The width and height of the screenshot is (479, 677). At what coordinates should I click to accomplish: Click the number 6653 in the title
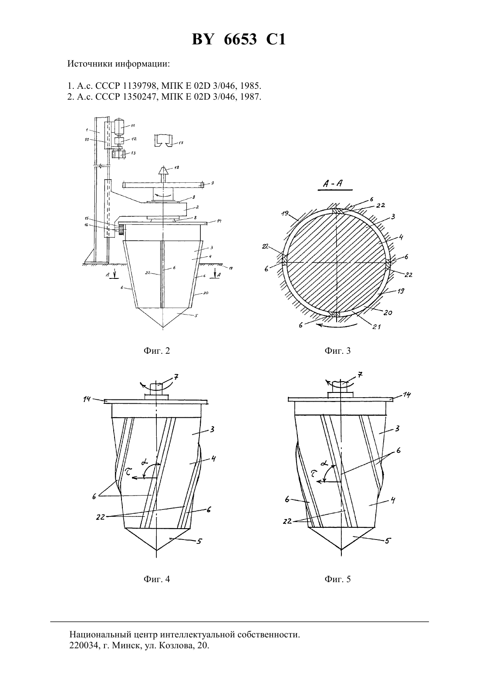240,39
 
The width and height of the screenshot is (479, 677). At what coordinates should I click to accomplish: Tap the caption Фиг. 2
157,351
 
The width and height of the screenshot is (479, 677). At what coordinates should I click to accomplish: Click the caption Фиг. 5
338,579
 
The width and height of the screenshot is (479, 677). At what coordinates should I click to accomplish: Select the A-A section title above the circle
332,183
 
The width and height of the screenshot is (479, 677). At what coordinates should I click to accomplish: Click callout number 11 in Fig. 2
133,125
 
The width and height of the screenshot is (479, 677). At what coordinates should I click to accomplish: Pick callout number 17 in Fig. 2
181,143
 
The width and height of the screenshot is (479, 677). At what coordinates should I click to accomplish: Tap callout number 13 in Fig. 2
133,153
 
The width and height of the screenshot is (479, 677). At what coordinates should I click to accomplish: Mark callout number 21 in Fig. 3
377,327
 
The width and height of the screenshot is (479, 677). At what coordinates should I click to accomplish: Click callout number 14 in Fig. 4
87,399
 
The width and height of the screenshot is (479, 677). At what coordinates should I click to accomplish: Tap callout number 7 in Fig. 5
360,375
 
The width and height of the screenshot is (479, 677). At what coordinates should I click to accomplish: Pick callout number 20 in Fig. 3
388,313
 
